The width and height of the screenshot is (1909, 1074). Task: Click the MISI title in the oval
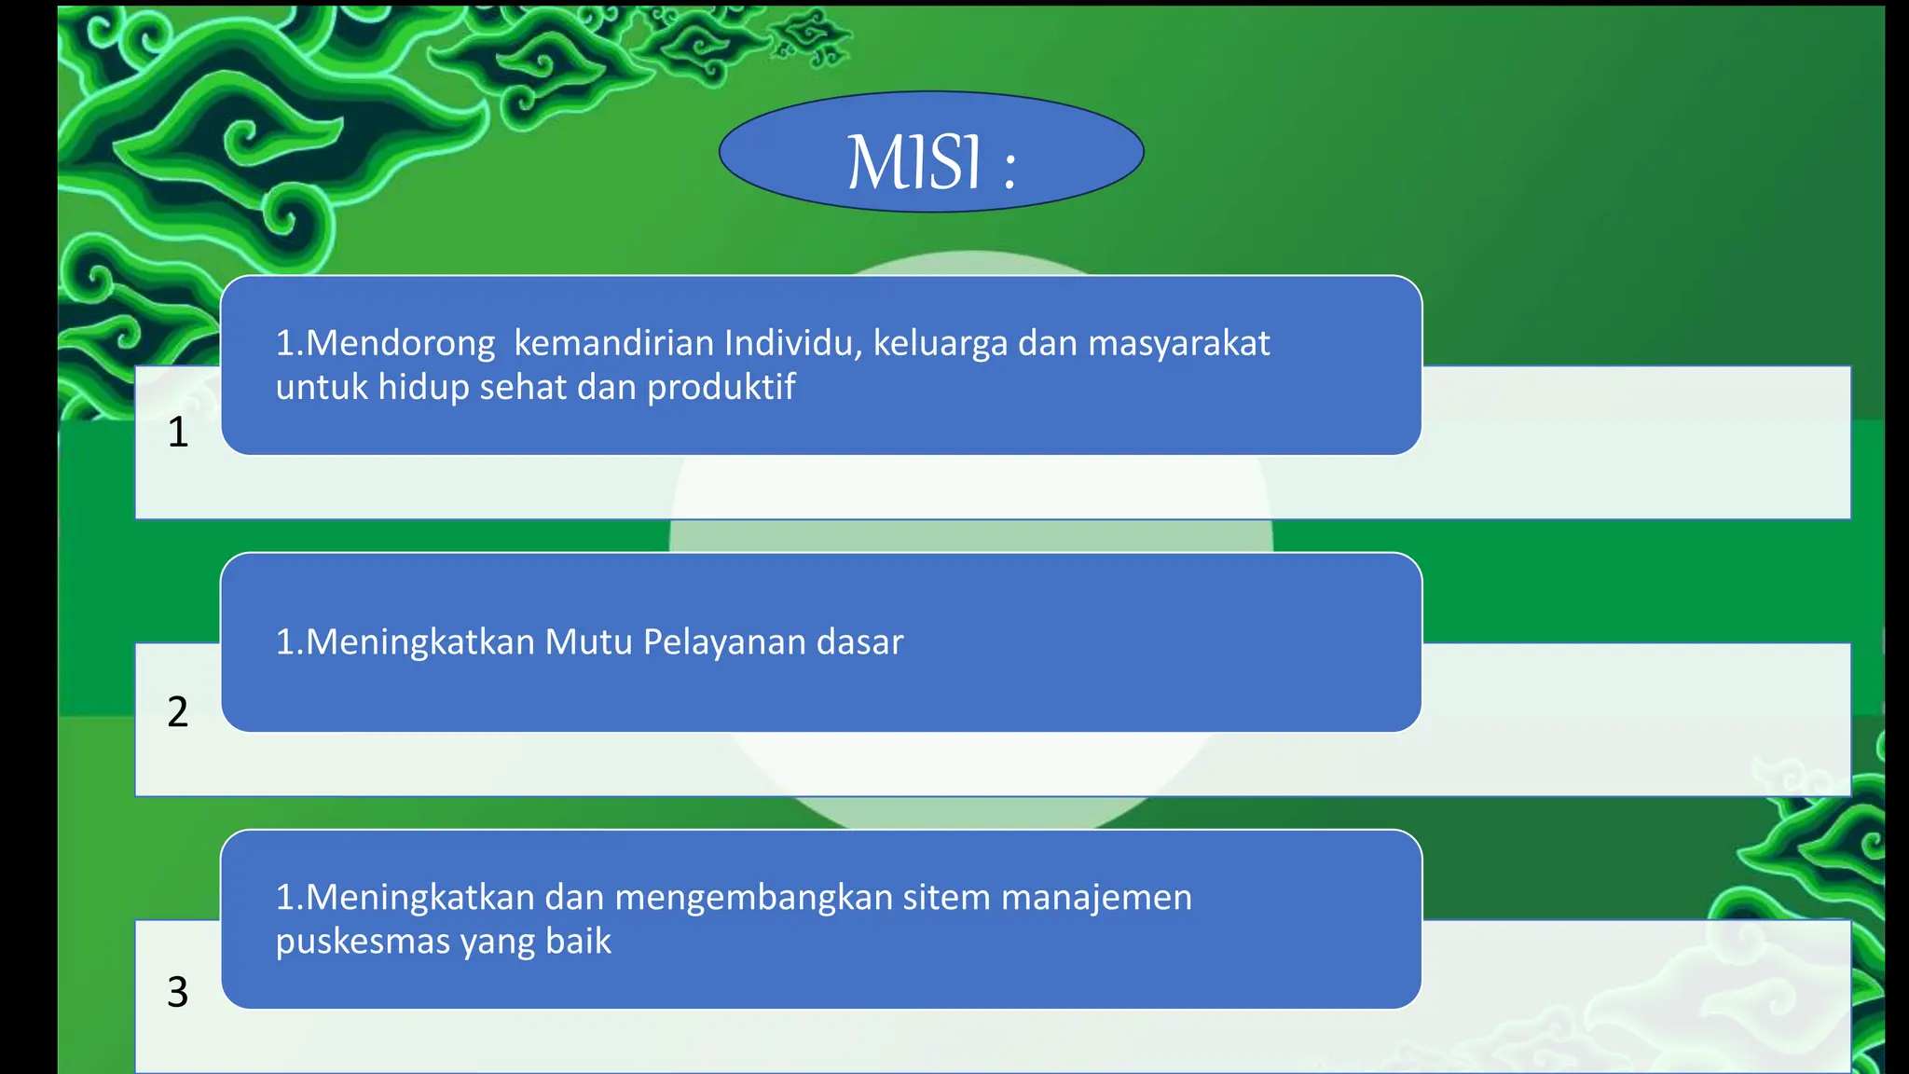click(x=913, y=162)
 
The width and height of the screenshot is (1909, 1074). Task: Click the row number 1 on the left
click(x=178, y=433)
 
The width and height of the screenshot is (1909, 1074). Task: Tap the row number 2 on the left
click(x=178, y=712)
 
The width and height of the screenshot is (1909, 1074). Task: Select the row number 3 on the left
click(x=178, y=992)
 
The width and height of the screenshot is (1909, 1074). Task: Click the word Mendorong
click(x=400, y=344)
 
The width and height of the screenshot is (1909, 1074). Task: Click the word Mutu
click(x=588, y=642)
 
